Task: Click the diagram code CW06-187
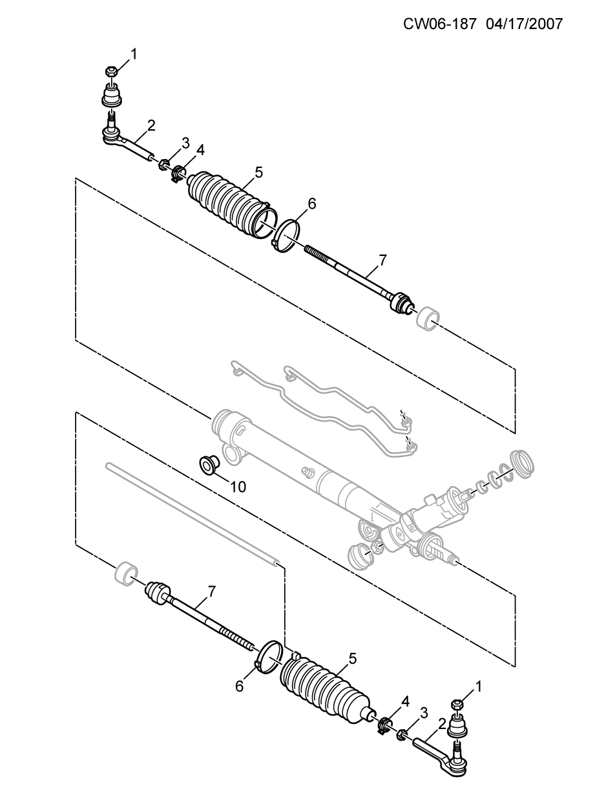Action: click(x=440, y=24)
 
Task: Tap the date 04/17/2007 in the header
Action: click(x=525, y=24)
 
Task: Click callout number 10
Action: click(x=238, y=487)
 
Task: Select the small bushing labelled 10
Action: click(x=209, y=463)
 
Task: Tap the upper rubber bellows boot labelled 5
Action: click(x=233, y=207)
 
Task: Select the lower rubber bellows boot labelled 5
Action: click(x=328, y=690)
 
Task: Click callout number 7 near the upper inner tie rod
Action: click(x=382, y=260)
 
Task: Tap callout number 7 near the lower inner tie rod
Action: click(x=212, y=591)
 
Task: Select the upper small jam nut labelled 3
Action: click(x=163, y=164)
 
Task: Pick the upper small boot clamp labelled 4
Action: click(x=178, y=173)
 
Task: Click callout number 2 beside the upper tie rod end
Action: click(x=151, y=126)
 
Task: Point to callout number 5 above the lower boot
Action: click(x=353, y=659)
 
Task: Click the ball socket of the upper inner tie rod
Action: click(x=402, y=303)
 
